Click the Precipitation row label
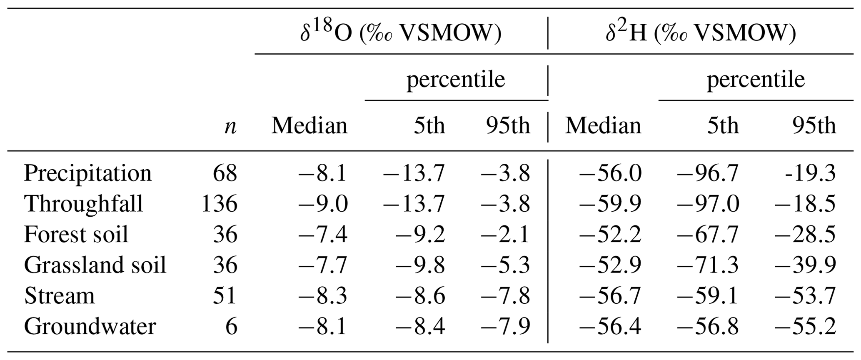[x=87, y=173]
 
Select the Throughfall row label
[x=83, y=204]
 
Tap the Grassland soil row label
[x=95, y=265]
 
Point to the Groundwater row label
[x=90, y=326]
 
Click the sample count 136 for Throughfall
[x=219, y=204]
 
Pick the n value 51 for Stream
[x=225, y=296]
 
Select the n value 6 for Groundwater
[x=231, y=326]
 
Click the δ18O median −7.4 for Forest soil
[x=322, y=235]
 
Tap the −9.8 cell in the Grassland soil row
[x=420, y=265]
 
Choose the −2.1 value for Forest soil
[x=505, y=235]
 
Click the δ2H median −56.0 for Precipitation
[x=610, y=173]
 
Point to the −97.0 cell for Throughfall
[x=708, y=204]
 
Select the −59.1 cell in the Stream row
[x=708, y=296]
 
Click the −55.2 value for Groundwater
[x=805, y=326]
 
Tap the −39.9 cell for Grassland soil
[x=805, y=265]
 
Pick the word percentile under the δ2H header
[x=756, y=79]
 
